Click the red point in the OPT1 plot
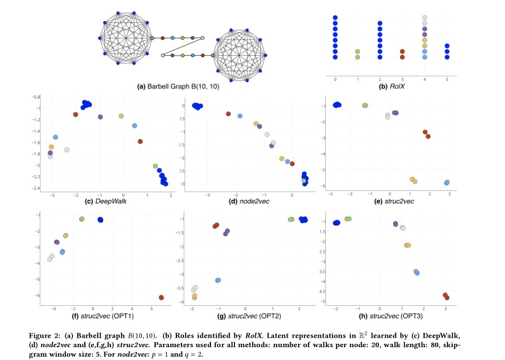click(161, 297)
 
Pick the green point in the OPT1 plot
click(82, 219)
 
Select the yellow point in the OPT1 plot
click(65, 236)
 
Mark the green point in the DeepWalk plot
click(156, 166)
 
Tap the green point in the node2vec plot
click(304, 181)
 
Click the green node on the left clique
click(152, 38)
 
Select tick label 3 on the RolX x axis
click(402, 80)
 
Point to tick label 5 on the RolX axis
click(448, 80)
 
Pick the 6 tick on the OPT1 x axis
click(152, 308)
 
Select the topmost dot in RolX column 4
click(425, 18)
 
